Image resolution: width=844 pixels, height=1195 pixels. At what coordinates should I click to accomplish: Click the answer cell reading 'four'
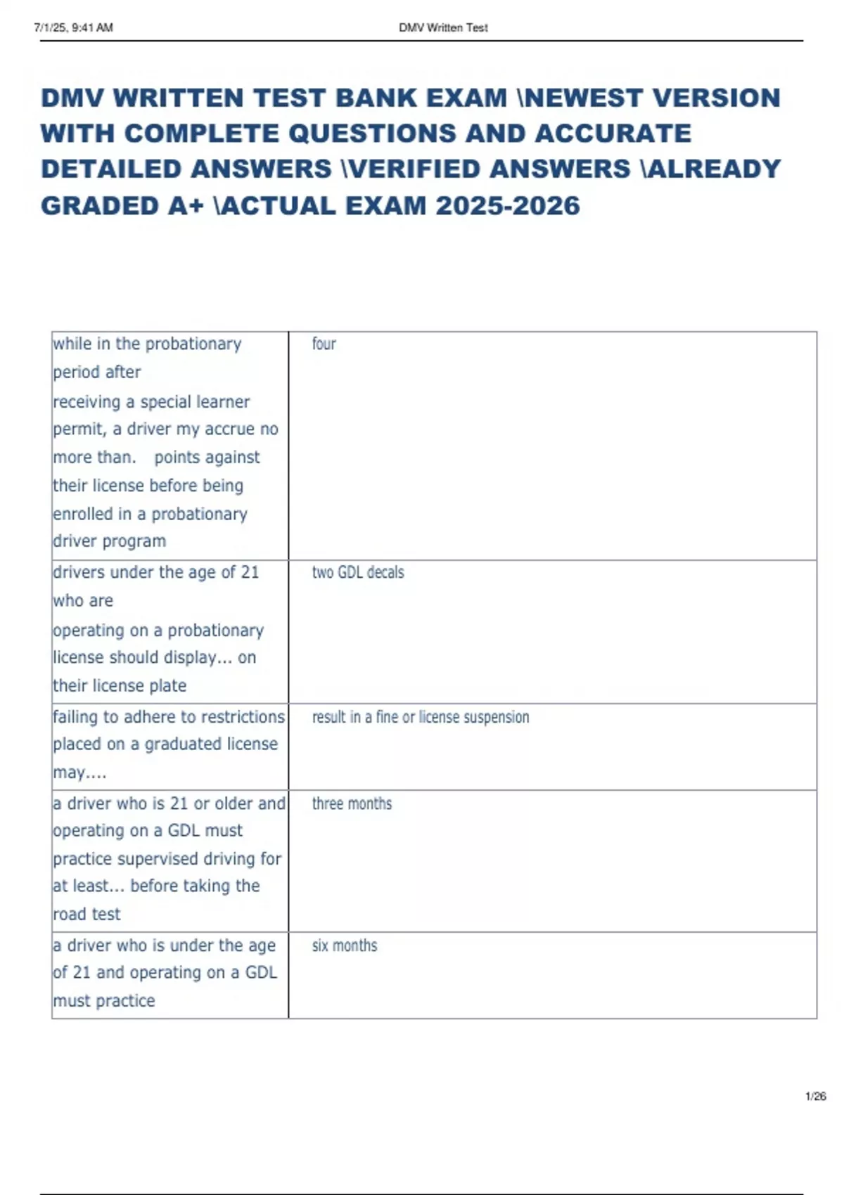coord(324,344)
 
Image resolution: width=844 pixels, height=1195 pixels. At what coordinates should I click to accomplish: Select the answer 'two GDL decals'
coord(358,572)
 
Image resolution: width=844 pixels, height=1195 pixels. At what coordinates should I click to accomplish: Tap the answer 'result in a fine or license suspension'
coord(421,717)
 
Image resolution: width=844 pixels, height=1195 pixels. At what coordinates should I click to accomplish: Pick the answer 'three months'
coord(352,803)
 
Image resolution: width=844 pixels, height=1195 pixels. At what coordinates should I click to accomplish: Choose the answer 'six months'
coord(345,945)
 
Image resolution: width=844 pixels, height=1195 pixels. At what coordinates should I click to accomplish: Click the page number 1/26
coord(815,1096)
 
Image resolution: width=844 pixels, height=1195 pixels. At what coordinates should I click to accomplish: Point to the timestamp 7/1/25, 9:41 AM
coord(73,27)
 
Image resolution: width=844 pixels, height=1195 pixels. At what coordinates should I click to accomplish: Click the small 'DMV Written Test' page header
coord(443,27)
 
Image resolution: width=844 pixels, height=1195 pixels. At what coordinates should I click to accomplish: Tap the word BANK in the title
coord(376,98)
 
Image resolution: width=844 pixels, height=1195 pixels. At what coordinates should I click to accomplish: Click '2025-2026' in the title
coord(508,206)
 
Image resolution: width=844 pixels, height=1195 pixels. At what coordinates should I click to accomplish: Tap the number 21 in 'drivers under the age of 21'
coord(250,572)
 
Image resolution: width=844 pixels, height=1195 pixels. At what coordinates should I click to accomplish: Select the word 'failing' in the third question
coord(75,716)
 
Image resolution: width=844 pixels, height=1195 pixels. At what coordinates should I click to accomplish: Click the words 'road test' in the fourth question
coord(87,914)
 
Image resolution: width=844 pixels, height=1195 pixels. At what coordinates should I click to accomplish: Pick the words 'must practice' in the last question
coord(103,1000)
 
